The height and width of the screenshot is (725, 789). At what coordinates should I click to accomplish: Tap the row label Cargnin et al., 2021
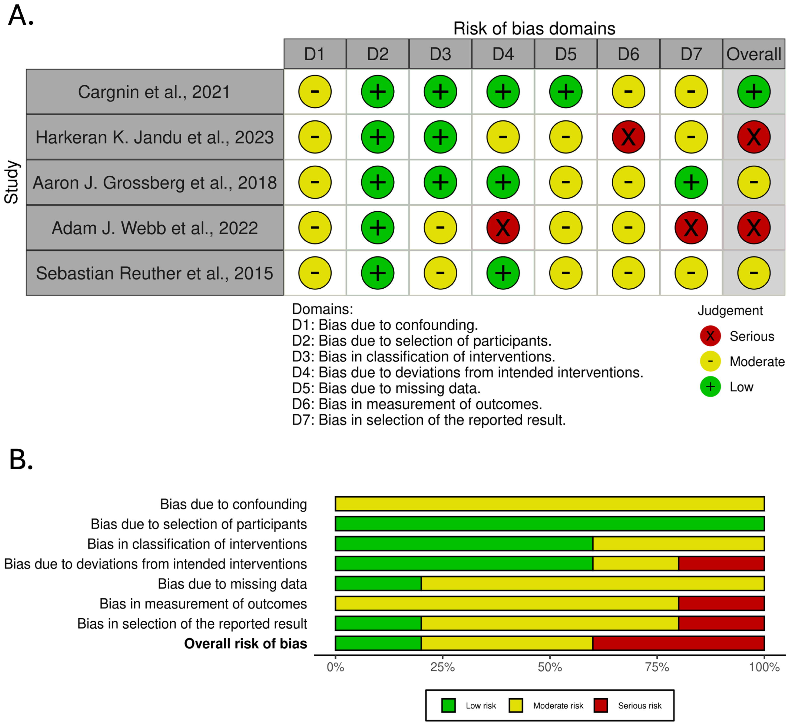coord(154,92)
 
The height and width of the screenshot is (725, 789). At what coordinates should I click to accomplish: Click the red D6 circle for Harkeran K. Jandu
coord(628,137)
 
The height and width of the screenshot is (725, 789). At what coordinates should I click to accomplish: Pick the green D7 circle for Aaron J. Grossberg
coord(691,182)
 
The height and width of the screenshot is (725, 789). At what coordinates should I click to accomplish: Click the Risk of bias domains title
coord(534,28)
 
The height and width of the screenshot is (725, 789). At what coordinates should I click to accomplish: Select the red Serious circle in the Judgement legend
coord(710,336)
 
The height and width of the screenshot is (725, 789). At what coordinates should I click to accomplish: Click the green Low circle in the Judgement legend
coord(710,387)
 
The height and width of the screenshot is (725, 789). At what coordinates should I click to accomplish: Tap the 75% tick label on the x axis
coord(657,667)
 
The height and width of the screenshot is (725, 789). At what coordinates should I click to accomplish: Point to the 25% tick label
coord(442,667)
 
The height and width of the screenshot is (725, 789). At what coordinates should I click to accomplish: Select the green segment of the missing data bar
coord(378,583)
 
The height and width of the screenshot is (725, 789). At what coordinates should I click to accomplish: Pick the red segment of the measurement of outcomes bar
coord(721,603)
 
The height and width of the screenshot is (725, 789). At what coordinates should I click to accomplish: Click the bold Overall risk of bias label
coord(246,643)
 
